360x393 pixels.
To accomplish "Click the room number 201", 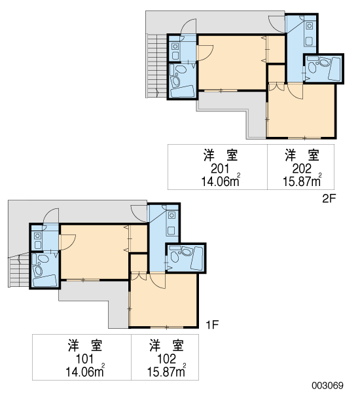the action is (x=220, y=169).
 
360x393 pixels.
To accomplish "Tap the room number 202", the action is (x=302, y=169).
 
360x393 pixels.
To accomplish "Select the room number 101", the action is (x=84, y=359).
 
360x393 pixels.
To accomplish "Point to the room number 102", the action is (x=166, y=359).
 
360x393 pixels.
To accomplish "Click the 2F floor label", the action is (x=329, y=198).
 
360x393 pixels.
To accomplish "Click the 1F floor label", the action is (x=212, y=325).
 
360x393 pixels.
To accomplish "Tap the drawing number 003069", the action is (x=327, y=385).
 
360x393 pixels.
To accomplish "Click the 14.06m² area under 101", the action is (x=85, y=371).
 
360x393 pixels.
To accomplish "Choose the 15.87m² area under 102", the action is (x=166, y=371).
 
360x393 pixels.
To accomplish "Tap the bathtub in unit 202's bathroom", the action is (x=334, y=69).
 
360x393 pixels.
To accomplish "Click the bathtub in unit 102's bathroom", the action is (x=197, y=259).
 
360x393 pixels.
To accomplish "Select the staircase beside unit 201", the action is (x=157, y=65).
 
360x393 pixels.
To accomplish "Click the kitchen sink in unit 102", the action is (x=171, y=215).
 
